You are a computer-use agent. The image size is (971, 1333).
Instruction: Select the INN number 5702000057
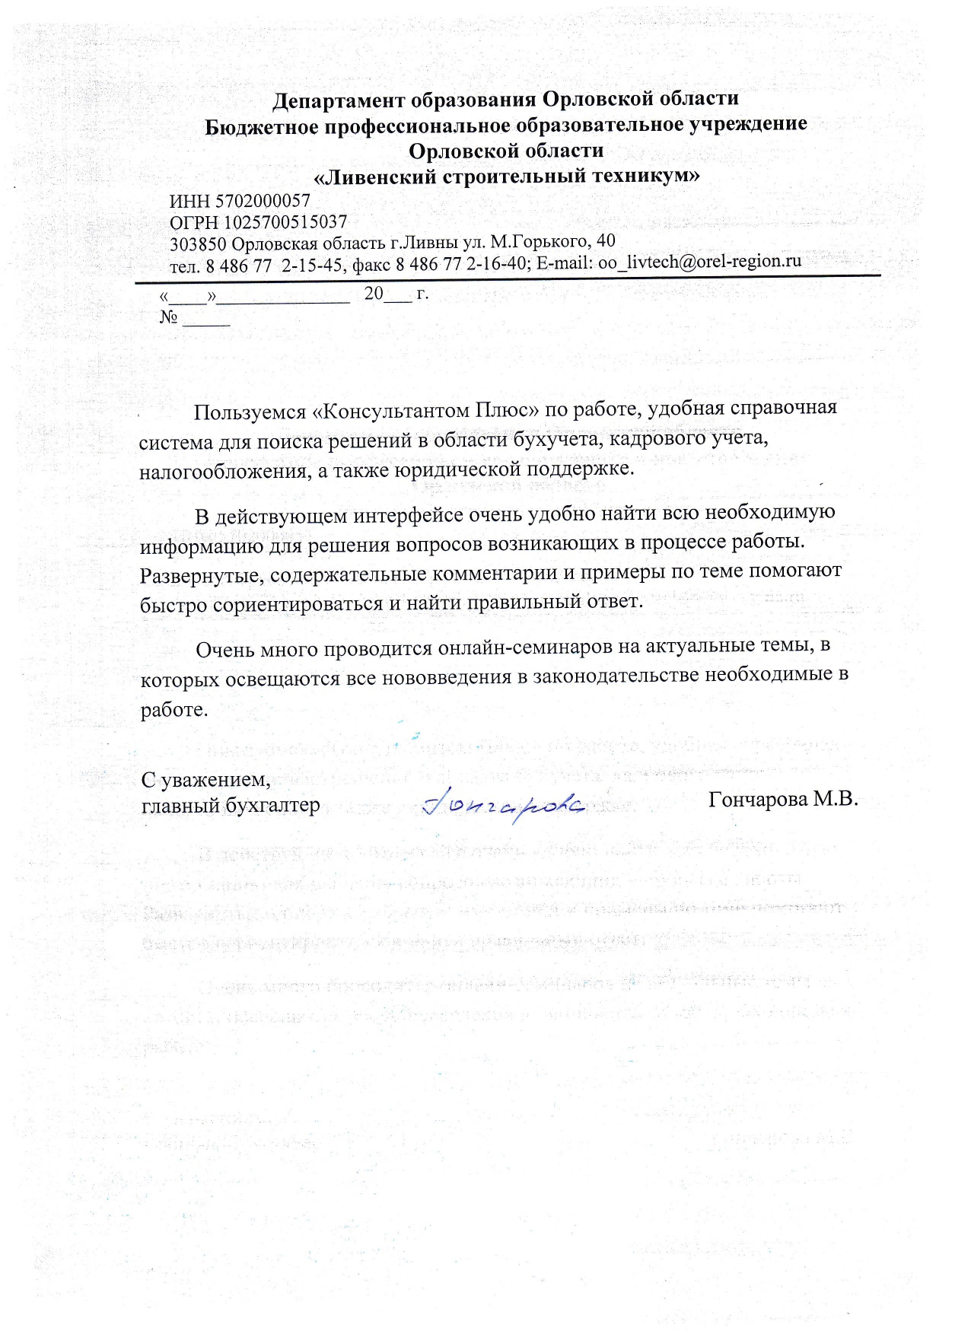[x=263, y=202]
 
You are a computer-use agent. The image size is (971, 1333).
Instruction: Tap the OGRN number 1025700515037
[x=285, y=222]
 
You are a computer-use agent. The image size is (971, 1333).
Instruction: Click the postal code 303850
[x=198, y=244]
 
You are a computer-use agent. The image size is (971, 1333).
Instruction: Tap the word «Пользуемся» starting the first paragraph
[x=250, y=412]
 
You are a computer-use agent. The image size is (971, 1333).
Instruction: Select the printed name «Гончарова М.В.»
[x=782, y=800]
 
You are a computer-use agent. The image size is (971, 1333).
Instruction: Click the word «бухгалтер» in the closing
[x=273, y=806]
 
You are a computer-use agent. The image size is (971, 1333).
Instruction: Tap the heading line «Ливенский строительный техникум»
[x=507, y=177]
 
